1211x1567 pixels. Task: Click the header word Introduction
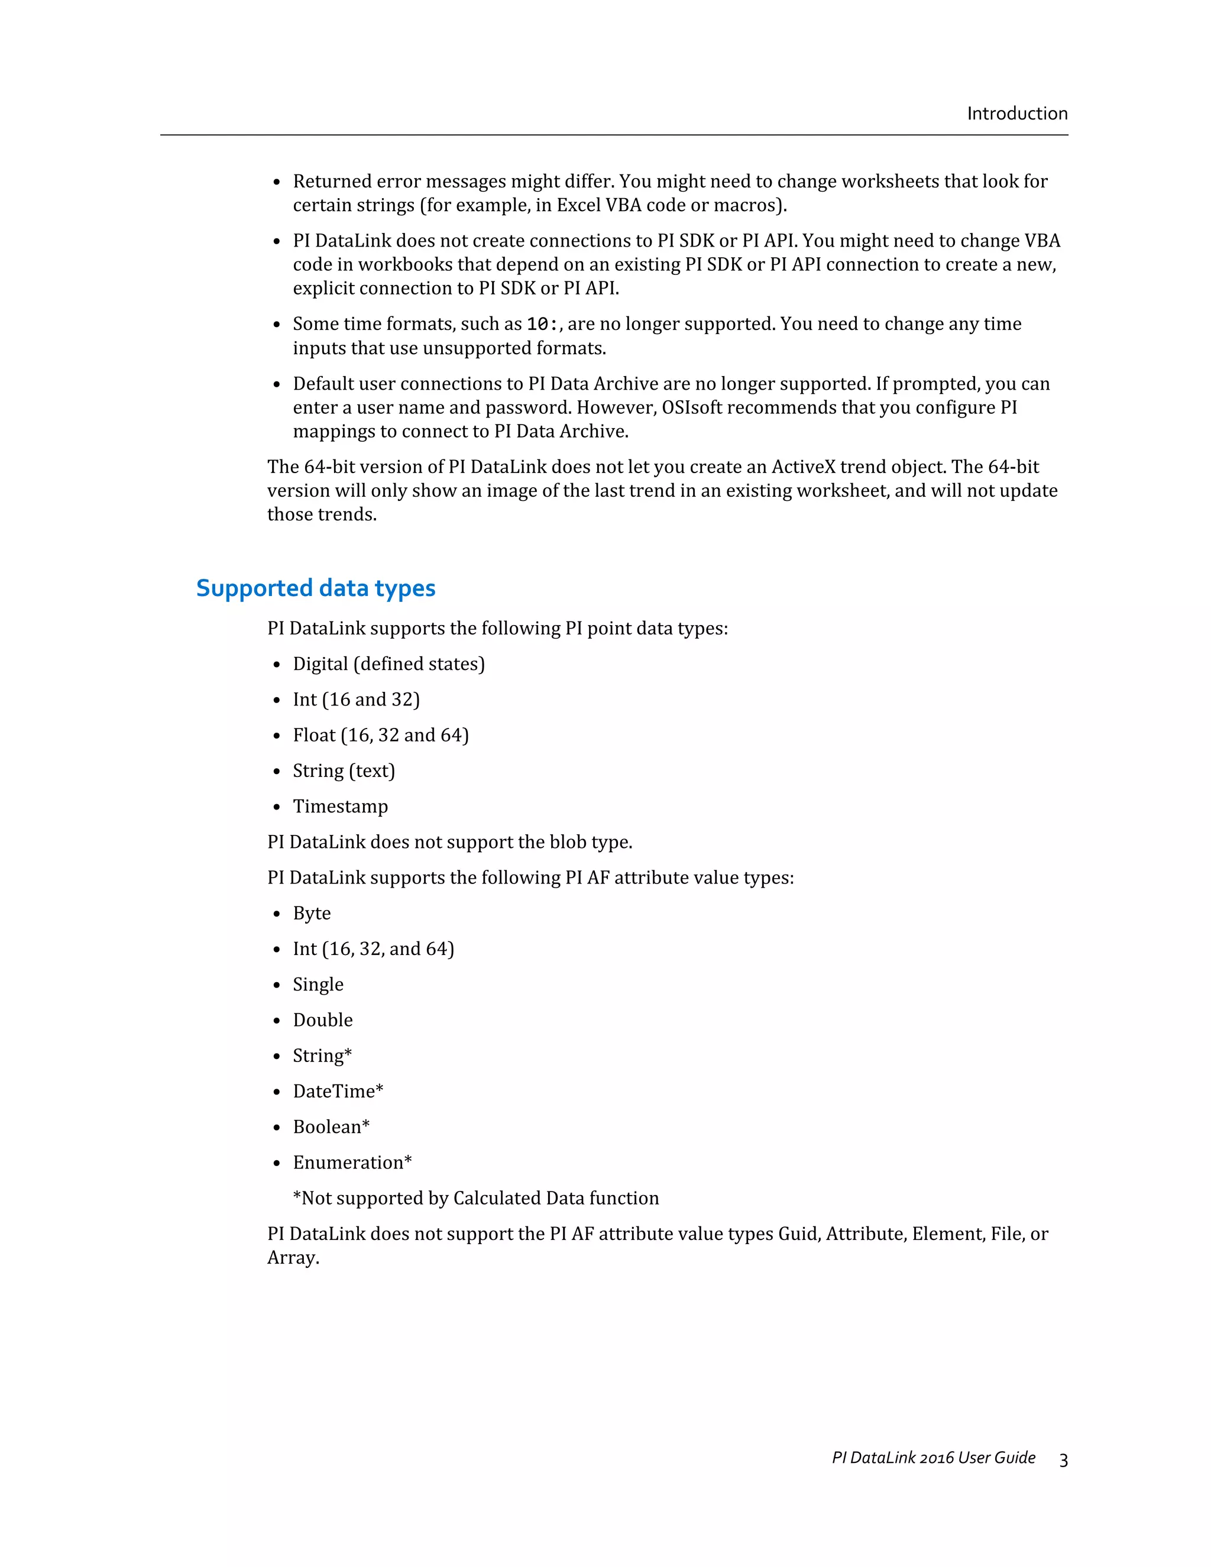(1016, 114)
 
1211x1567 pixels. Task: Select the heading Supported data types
(316, 588)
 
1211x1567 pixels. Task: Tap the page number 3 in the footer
(1063, 1460)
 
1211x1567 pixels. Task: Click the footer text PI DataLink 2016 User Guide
(933, 1458)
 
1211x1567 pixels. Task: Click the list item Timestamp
(340, 807)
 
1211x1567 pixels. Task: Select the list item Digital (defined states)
(388, 663)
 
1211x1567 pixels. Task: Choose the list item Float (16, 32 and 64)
(380, 736)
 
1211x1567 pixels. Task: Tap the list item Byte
(312, 914)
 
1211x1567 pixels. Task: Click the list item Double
(322, 1020)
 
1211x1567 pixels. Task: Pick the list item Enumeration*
(352, 1163)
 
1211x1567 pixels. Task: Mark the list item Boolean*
(331, 1127)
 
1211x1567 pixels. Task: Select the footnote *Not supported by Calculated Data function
(475, 1198)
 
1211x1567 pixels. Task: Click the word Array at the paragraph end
(292, 1258)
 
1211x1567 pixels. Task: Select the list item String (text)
(344, 770)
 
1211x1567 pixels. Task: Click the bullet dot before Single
(277, 986)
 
